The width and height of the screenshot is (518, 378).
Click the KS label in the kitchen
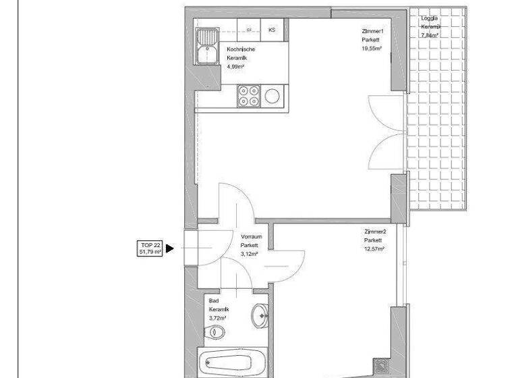(272, 30)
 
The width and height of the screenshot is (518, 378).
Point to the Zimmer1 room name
(372, 31)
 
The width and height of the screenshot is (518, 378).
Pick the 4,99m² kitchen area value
(235, 67)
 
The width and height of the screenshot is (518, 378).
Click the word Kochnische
(241, 49)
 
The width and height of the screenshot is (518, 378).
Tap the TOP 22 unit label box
(150, 248)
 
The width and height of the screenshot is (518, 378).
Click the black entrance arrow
(170, 248)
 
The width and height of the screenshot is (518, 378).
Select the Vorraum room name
(251, 237)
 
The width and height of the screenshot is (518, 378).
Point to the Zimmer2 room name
(374, 232)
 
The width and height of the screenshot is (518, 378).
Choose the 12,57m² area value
(374, 249)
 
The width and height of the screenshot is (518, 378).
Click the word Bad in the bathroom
(213, 300)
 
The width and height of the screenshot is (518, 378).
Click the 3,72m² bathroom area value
(217, 317)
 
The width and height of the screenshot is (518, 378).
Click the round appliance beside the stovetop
(272, 95)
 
